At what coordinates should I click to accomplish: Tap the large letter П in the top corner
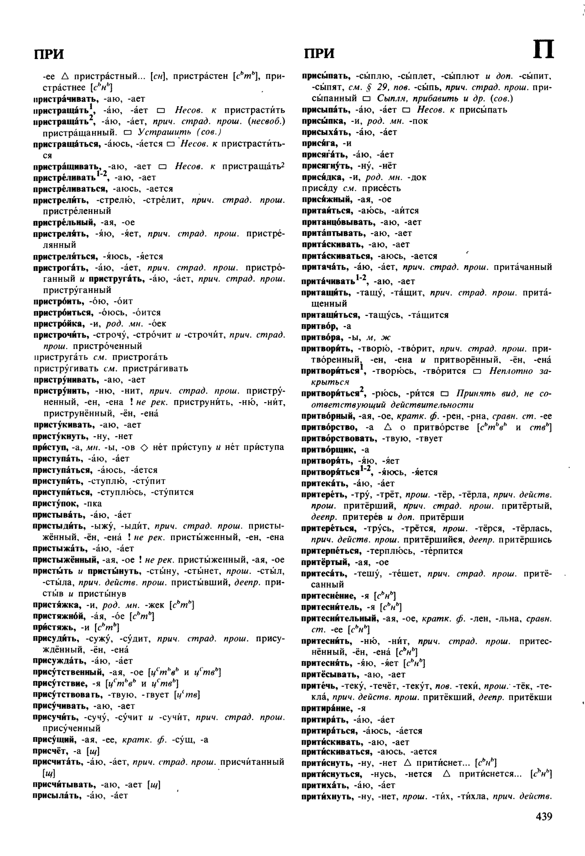(542, 50)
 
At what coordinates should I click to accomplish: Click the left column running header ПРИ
(49, 54)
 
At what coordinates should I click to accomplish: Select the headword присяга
(320, 143)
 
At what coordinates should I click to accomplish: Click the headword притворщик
(329, 449)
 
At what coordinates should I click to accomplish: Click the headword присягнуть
(326, 166)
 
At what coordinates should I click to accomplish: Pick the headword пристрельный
(62, 222)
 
